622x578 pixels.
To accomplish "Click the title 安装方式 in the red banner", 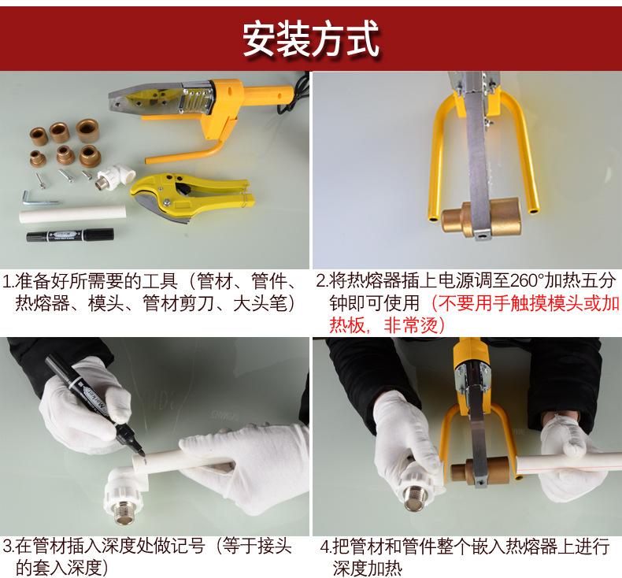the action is tap(310, 39).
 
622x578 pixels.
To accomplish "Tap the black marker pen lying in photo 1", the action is tap(70, 235).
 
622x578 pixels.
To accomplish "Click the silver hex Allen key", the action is tap(39, 198).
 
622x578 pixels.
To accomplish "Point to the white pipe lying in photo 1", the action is tap(73, 215).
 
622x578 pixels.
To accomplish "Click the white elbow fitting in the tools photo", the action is tap(116, 176).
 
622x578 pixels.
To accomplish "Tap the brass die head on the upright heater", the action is tap(481, 218).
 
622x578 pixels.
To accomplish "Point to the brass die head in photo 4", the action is tap(480, 470).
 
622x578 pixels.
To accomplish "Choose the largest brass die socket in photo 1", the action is tap(87, 131).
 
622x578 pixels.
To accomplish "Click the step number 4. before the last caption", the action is tap(326, 547).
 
